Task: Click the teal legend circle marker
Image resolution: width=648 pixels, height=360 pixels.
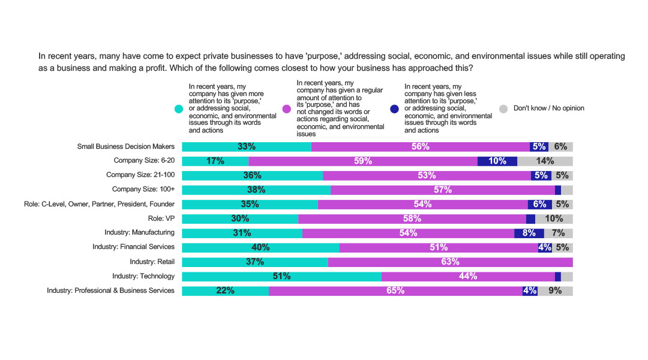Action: [178, 109]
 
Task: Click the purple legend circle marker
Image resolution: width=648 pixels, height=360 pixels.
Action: [286, 109]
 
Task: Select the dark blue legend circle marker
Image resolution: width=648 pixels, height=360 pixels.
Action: [394, 109]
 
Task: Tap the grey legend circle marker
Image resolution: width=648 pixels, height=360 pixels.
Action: [503, 109]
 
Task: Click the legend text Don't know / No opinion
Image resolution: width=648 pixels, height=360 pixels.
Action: [548, 109]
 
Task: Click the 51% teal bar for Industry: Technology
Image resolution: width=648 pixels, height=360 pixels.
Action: [281, 277]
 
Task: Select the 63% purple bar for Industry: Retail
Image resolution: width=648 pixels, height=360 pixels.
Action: [450, 262]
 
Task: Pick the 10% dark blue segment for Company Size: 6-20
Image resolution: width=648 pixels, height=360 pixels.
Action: [497, 161]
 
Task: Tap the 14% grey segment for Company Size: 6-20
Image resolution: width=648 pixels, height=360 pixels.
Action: [545, 161]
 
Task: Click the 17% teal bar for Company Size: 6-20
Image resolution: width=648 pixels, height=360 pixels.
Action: [215, 161]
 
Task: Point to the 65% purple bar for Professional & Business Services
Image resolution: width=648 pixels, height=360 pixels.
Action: [395, 291]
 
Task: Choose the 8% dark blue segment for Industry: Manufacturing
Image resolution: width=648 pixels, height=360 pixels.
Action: [529, 233]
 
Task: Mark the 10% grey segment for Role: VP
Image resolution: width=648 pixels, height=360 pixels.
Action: [554, 219]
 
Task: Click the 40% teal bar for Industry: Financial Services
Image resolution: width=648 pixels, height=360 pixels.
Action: [260, 248]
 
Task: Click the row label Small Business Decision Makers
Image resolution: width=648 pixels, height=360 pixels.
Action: [126, 146]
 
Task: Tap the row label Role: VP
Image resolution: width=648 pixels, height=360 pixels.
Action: [161, 218]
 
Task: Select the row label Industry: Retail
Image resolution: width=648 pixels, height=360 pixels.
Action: [152, 262]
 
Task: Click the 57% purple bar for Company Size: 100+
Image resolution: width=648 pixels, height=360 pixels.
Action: [442, 190]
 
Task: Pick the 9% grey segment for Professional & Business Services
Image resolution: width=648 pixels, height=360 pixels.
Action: [555, 291]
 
